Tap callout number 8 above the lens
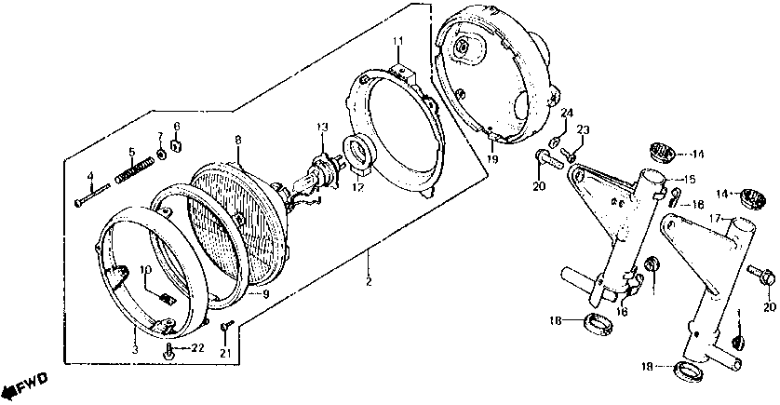(237, 140)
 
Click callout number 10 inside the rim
(145, 271)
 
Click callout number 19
(492, 160)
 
